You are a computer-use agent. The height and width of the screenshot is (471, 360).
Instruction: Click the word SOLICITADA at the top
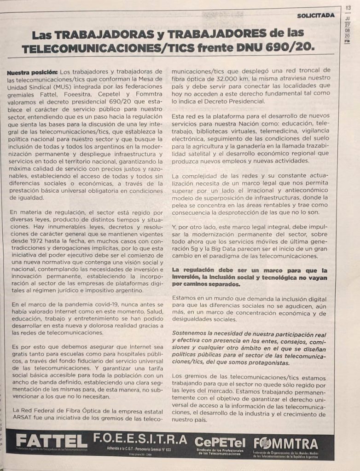pyautogui.click(x=316, y=15)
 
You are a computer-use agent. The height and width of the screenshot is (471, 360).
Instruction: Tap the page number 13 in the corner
pyautogui.click(x=348, y=7)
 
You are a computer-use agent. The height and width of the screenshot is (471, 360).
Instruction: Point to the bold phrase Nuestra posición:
pyautogui.click(x=32, y=72)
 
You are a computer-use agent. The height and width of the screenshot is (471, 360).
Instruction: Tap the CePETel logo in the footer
pyautogui.click(x=219, y=442)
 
